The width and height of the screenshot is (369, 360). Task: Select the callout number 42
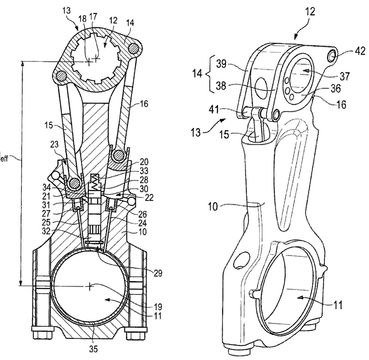pos(360,51)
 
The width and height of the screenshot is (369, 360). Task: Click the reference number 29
pos(158,273)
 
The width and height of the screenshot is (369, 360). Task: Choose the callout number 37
pos(345,76)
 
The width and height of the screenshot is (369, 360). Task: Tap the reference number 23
pos(54,144)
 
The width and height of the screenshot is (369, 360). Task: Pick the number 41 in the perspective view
pos(214,109)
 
